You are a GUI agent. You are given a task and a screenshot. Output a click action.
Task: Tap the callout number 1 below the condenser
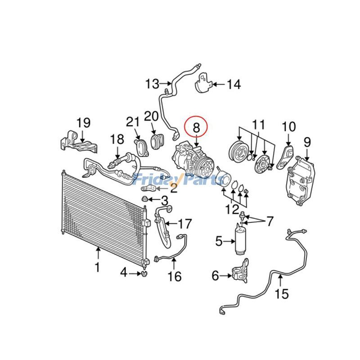(x=97, y=267)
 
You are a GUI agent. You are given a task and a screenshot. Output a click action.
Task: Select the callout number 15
(x=282, y=294)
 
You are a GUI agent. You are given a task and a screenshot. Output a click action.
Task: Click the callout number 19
(x=83, y=122)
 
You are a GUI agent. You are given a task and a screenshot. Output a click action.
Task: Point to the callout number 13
(x=153, y=83)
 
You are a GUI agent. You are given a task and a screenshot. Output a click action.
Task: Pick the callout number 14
(x=234, y=84)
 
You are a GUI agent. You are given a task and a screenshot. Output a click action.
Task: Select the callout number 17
(x=184, y=223)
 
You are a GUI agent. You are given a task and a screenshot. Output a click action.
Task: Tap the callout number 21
(x=133, y=121)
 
